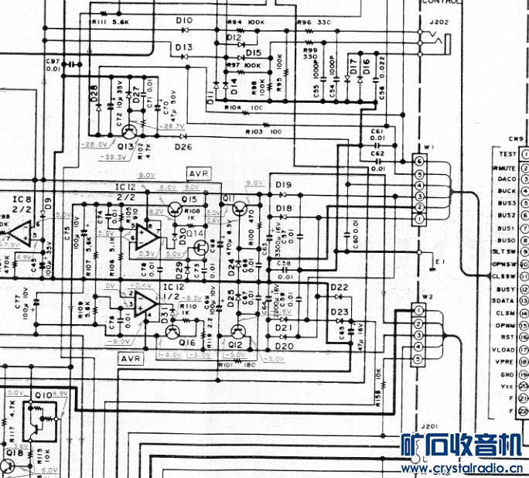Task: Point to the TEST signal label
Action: tap(507, 154)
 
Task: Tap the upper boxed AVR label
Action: tap(199, 174)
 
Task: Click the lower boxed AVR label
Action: tap(129, 359)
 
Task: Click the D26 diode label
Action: tap(183, 147)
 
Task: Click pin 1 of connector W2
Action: tap(418, 311)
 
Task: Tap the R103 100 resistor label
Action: tap(263, 132)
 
